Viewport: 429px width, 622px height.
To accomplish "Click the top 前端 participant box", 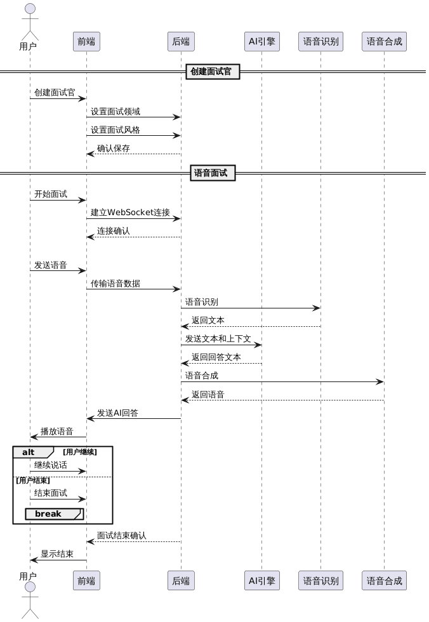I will pos(86,42).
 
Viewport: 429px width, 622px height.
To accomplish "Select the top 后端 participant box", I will pos(181,42).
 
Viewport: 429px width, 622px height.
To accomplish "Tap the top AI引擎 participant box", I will pos(261,42).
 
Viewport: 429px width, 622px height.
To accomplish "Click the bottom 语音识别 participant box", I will pos(320,580).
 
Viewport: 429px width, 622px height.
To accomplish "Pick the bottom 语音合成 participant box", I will pos(384,580).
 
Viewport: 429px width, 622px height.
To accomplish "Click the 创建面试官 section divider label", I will pos(213,72).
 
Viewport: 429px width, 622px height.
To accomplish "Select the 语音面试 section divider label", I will pos(213,173).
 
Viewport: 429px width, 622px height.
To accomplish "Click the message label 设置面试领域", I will pos(115,112).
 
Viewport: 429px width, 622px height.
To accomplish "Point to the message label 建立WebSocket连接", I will pos(130,213).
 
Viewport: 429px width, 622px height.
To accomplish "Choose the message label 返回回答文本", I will pos(216,357).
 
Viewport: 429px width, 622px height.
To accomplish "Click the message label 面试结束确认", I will pos(121,536).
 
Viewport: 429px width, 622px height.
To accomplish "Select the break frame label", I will pos(48,513).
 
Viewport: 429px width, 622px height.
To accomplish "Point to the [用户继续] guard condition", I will pos(80,452).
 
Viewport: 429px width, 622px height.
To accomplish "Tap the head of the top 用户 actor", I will pos(29,10).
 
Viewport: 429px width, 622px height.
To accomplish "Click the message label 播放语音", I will pos(56,432).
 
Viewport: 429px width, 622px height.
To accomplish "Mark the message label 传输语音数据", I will pos(115,284).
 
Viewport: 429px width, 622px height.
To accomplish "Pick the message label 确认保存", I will pos(113,149).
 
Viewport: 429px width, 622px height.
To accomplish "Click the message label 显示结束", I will pos(56,554).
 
